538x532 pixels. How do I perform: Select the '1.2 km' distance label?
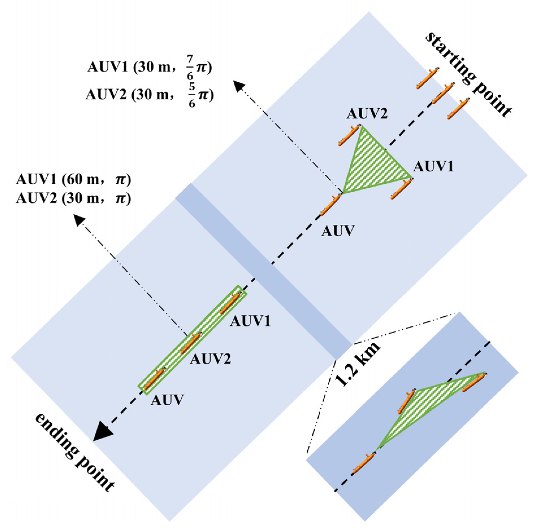tap(357, 364)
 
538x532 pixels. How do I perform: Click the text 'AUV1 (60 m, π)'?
tap(74, 180)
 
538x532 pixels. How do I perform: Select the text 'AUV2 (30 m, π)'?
tap(74, 198)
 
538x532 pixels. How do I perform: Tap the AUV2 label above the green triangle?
tap(367, 114)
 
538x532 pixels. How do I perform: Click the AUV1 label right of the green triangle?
tap(433, 166)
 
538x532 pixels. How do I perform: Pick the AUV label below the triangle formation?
tap(338, 231)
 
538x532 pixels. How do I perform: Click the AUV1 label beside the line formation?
tap(250, 321)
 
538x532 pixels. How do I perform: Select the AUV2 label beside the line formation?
tap(210, 359)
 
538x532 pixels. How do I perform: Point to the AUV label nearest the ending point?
tap(167, 400)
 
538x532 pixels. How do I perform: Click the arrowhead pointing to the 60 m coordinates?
tap(79, 220)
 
